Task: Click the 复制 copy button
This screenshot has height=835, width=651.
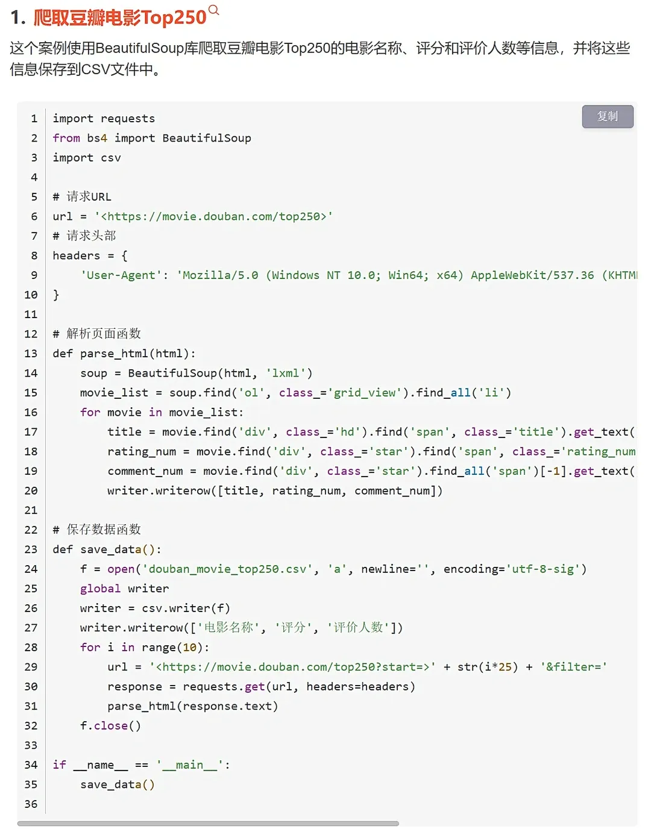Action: click(x=607, y=116)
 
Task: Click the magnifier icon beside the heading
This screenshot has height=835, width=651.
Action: click(x=213, y=10)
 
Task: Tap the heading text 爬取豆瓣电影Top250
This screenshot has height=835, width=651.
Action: click(x=120, y=17)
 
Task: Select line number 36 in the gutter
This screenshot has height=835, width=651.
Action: click(x=31, y=804)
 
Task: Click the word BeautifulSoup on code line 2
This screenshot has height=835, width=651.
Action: click(x=207, y=138)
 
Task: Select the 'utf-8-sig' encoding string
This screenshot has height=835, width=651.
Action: click(x=542, y=569)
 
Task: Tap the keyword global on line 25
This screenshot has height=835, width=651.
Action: click(x=100, y=588)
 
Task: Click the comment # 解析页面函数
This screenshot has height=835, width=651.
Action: click(x=96, y=334)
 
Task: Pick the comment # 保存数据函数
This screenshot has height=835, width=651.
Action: click(x=96, y=530)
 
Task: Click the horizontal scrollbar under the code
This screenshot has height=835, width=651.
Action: click(x=208, y=823)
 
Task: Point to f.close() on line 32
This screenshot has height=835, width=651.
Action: click(x=110, y=725)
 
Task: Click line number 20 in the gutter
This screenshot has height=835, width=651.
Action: click(x=31, y=490)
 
